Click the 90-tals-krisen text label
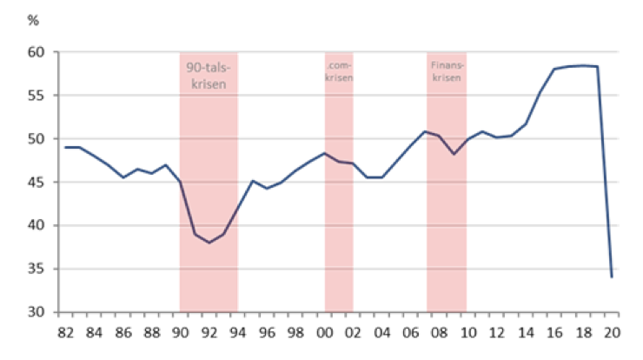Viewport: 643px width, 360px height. coord(209,76)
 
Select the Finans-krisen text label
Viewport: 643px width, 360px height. coord(446,70)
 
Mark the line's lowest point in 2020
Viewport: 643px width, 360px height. coord(612,277)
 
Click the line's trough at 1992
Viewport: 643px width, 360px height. coord(209,243)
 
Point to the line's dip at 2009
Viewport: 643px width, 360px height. coord(454,154)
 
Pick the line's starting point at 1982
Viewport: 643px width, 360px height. coord(65,147)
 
